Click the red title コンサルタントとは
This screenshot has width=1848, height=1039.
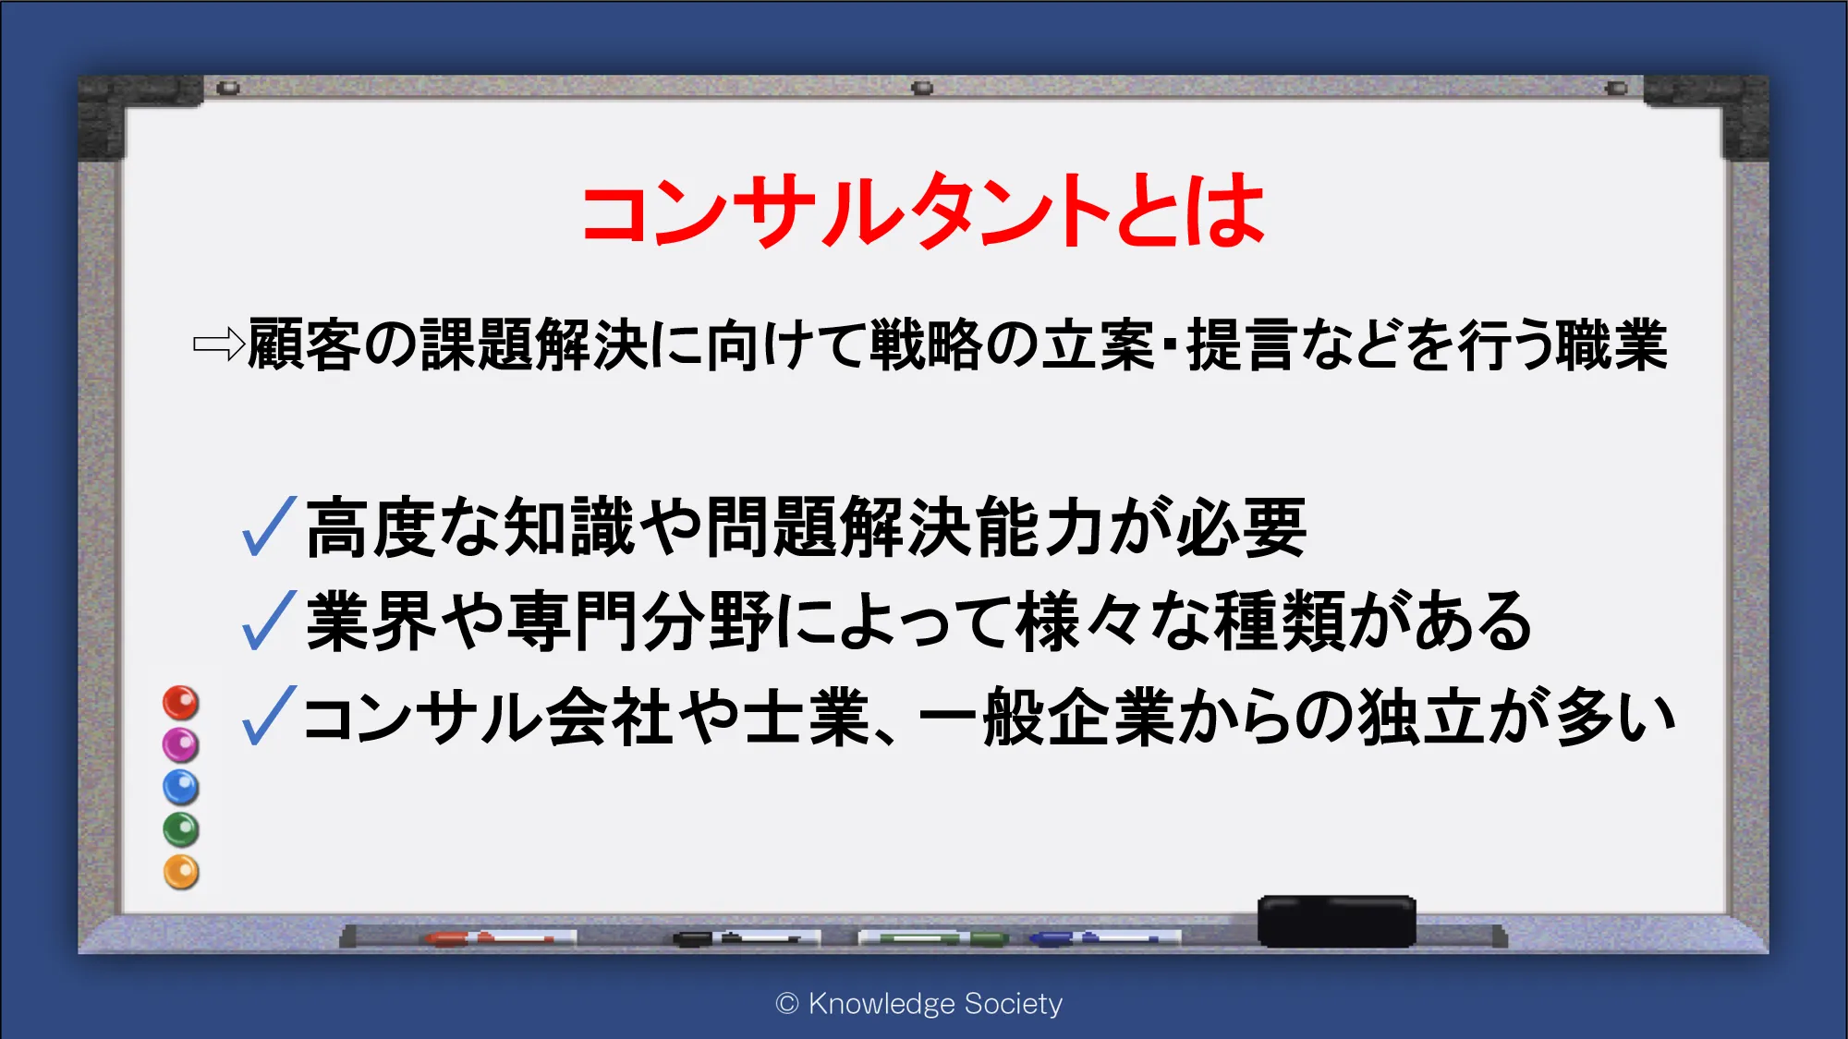coord(923,211)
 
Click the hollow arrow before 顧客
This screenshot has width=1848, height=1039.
coord(219,344)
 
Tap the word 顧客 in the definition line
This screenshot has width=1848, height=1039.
coord(304,344)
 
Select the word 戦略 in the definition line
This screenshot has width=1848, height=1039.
coord(926,344)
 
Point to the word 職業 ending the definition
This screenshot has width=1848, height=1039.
coord(1611,344)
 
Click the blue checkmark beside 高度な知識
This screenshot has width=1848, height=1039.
coord(269,526)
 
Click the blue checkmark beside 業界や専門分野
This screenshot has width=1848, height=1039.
coord(269,620)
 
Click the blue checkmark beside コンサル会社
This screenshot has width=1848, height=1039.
coord(269,715)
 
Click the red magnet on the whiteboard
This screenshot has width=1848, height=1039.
coord(181,703)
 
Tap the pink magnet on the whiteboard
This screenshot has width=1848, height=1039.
coord(181,744)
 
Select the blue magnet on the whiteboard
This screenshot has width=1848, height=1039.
coord(181,787)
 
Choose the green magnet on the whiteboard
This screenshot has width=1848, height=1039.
coord(181,829)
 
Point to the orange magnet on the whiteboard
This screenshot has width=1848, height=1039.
coord(181,872)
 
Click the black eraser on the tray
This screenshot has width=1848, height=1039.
coord(1336,921)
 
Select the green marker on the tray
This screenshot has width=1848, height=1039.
coord(933,938)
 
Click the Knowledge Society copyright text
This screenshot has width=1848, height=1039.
coord(919,1003)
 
